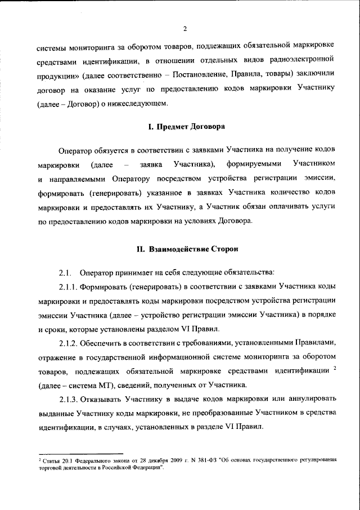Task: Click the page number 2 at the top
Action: coord(184,30)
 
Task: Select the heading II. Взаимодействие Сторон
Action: coord(186,249)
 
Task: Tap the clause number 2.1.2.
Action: coord(70,343)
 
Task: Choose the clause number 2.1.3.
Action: coord(70,398)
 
